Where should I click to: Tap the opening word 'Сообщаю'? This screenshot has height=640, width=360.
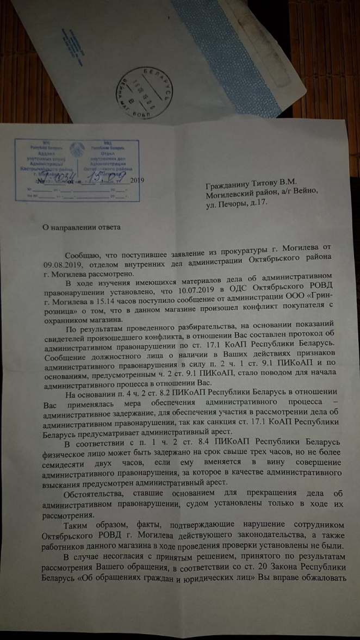point(83,254)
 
